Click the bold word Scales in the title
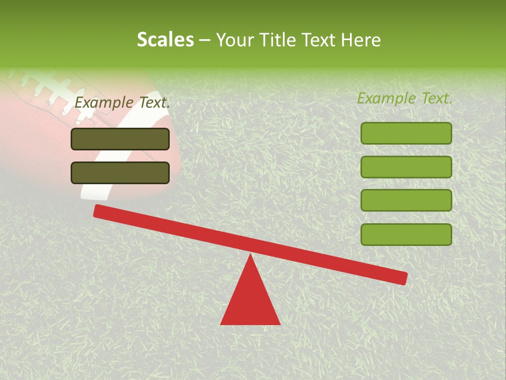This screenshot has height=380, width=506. point(165,40)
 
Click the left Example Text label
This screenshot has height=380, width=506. point(122,102)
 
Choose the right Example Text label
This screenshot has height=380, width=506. point(405,98)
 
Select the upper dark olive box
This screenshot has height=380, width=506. point(120,139)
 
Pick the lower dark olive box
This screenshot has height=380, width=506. point(120,173)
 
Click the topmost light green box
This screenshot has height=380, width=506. point(406,133)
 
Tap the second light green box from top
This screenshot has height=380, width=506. point(406,167)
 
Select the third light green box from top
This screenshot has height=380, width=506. point(406,200)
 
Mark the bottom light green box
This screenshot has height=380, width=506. point(406,234)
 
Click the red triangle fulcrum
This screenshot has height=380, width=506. point(250,301)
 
